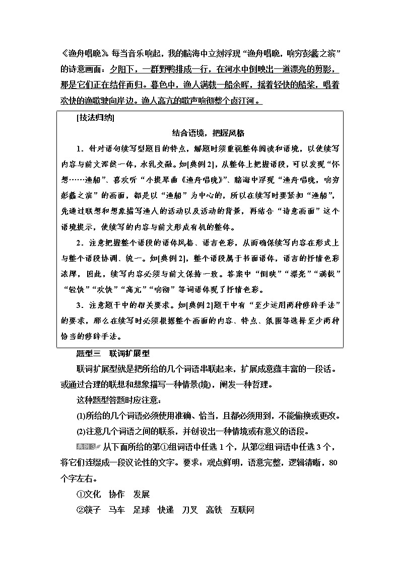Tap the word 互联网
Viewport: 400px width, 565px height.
click(242, 510)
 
